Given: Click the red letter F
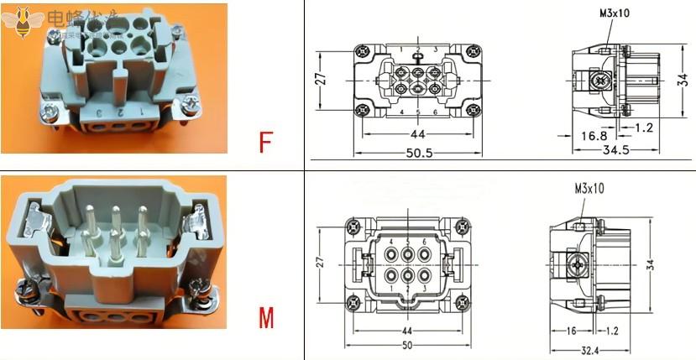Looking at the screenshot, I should click(265, 143).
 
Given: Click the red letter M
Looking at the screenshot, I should click(266, 319).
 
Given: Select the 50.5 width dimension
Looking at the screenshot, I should click(418, 153).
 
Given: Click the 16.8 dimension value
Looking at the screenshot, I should click(593, 134).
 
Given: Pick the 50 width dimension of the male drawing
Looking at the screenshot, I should click(406, 345).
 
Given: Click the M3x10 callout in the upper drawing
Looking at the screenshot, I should click(615, 14).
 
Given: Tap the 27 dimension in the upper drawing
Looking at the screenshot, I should click(319, 80).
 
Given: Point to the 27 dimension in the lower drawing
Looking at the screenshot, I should click(319, 262).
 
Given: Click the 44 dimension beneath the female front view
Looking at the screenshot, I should click(418, 134).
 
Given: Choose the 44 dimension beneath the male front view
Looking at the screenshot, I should click(406, 330).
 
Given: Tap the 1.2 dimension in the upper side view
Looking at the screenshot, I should click(643, 128).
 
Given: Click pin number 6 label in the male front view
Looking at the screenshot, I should click(425, 242).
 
